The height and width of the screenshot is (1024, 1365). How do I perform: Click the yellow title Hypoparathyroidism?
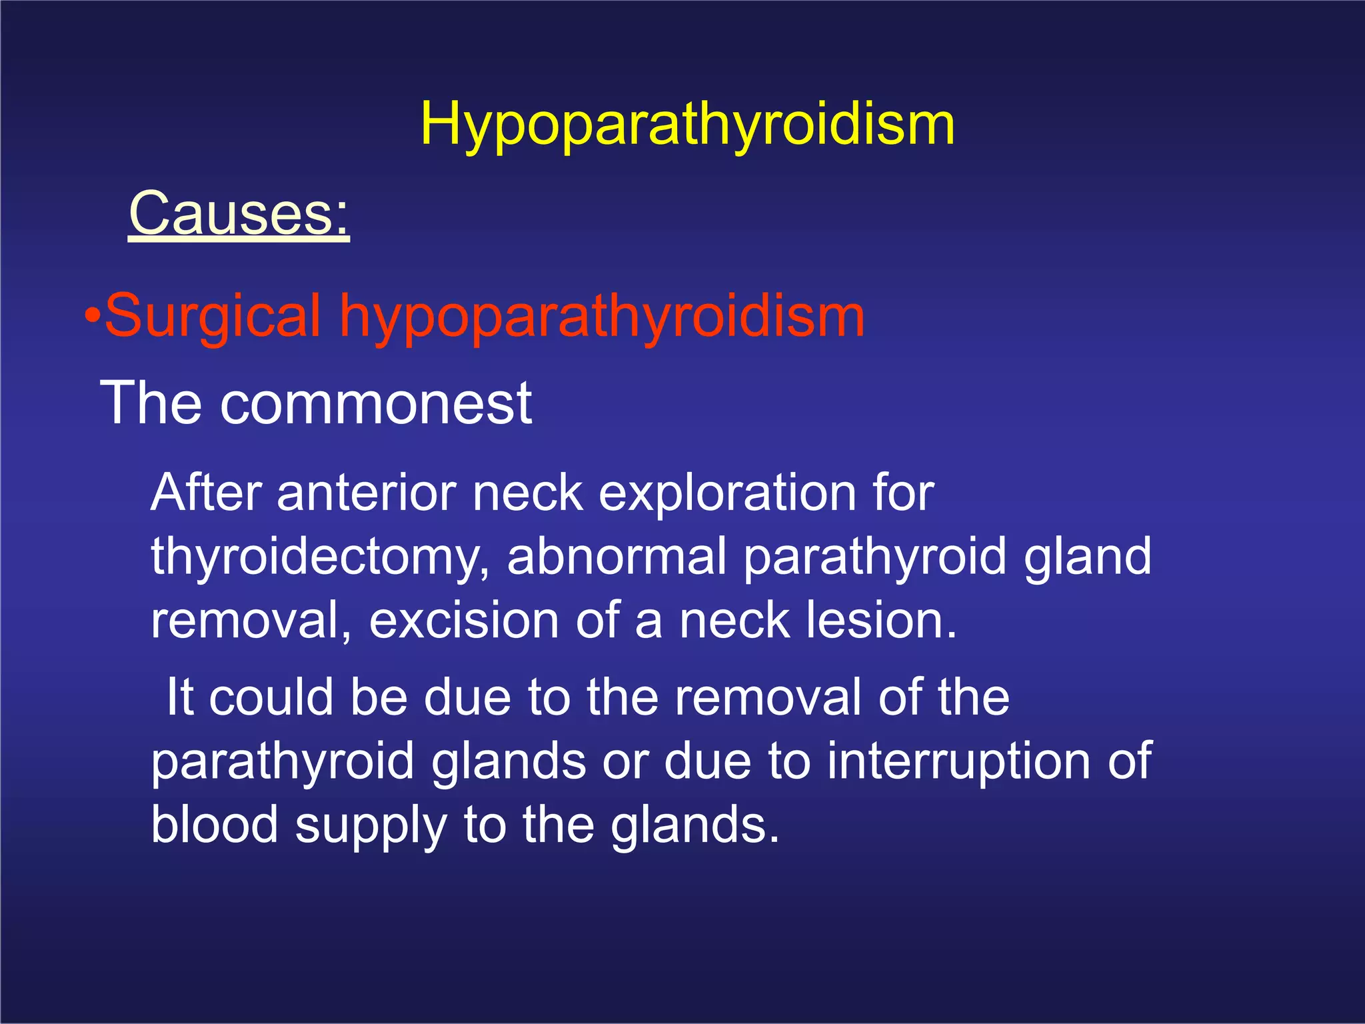[687, 125]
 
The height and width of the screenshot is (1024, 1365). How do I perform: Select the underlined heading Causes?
[239, 213]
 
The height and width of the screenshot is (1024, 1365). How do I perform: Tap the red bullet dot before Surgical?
[93, 315]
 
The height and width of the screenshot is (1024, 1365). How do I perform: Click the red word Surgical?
[213, 317]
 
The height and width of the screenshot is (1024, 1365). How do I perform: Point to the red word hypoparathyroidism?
[602, 317]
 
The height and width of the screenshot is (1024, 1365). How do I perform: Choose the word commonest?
[376, 403]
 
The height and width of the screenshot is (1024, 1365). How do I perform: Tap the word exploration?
[728, 494]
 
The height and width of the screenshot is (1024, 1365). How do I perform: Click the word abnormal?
[617, 556]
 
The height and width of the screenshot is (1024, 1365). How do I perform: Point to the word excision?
[464, 620]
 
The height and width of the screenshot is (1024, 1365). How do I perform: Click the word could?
[271, 697]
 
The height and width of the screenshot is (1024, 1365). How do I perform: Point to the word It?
[180, 697]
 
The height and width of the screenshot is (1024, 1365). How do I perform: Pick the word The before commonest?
[151, 403]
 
